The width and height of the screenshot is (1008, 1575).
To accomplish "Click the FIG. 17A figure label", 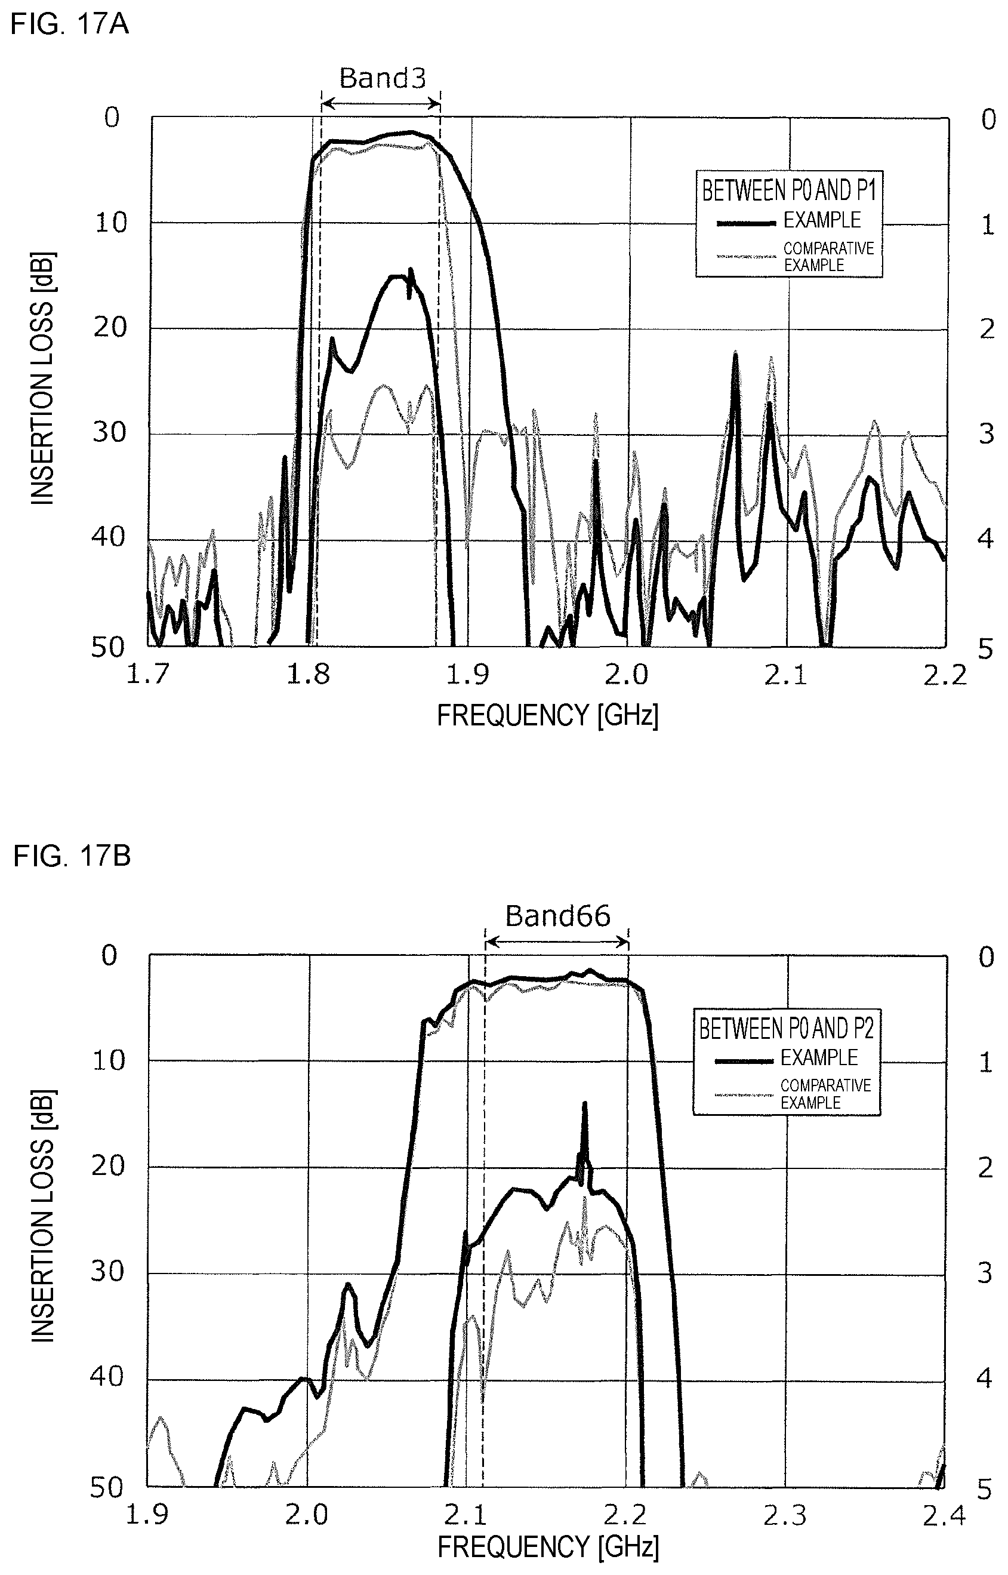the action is point(70,25).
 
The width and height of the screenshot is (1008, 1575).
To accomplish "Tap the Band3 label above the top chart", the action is point(383,79).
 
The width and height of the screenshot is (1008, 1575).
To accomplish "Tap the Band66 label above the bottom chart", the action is point(557,916).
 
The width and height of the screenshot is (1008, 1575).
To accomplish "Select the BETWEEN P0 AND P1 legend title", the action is point(789,190).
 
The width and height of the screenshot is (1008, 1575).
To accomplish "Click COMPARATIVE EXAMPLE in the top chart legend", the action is point(828,257).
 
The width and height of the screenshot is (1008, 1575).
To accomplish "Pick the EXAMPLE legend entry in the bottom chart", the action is point(819,1057).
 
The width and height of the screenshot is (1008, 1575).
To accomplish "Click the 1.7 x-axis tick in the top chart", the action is point(148,673).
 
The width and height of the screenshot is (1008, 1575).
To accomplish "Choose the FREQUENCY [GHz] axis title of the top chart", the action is point(547,715).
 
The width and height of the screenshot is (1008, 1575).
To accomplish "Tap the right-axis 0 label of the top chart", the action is point(988,120).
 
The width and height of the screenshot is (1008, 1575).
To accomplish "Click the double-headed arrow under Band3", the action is point(381,103).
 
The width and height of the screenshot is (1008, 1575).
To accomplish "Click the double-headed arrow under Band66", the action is point(556,942).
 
